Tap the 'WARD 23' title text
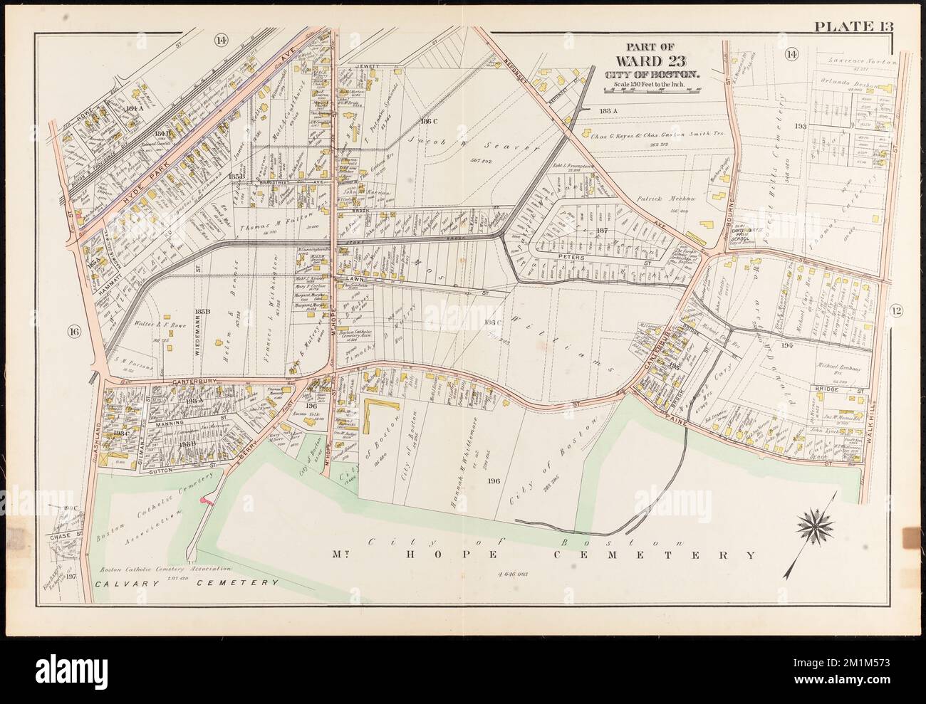click(x=652, y=59)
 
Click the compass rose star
click(x=815, y=526)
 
